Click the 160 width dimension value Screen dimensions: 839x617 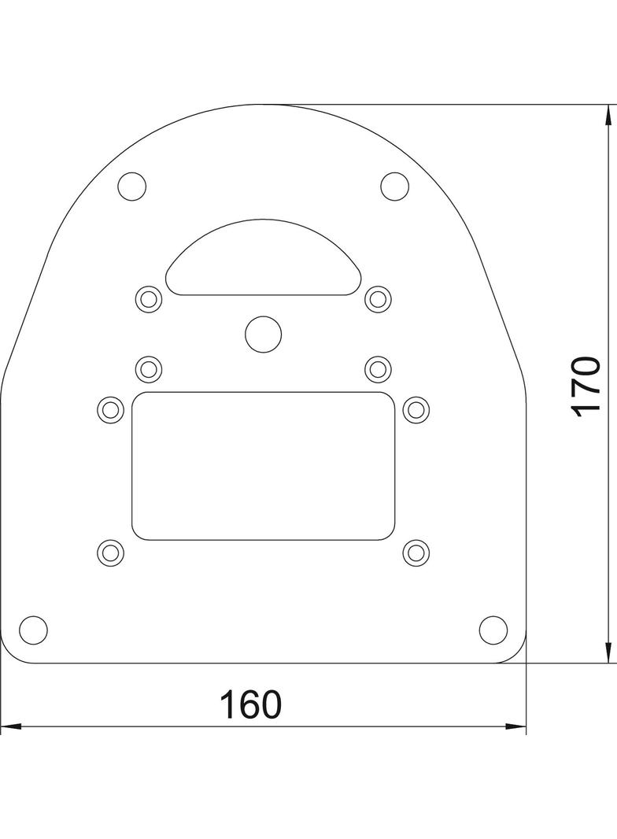click(249, 704)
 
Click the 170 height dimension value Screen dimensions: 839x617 click(587, 386)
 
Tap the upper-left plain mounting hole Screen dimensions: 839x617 click(132, 187)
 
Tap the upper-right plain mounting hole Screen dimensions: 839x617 click(394, 187)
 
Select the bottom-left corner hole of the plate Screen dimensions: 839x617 click(33, 630)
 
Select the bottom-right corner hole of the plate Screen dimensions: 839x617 click(493, 630)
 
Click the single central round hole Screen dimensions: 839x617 click(263, 334)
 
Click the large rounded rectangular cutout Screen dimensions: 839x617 click(263, 466)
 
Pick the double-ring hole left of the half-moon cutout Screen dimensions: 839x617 click(149, 298)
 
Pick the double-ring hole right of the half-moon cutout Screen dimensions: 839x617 click(379, 298)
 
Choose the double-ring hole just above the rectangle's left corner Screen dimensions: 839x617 click(149, 368)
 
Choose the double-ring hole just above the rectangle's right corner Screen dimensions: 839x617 click(379, 368)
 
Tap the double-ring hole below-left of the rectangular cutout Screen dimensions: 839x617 click(110, 552)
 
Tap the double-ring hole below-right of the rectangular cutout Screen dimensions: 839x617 click(416, 552)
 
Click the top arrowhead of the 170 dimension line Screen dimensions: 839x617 click(608, 114)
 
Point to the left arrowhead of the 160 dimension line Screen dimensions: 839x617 click(9, 726)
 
